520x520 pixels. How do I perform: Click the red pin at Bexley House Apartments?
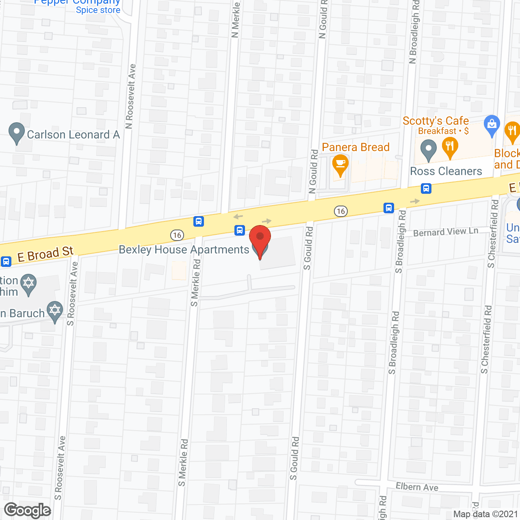click(260, 238)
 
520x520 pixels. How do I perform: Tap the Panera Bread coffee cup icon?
click(340, 164)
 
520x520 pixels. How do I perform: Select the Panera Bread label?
click(355, 147)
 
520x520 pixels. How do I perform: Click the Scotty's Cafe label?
click(435, 121)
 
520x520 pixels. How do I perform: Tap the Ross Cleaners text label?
click(446, 171)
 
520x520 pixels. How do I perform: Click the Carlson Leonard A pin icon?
click(16, 132)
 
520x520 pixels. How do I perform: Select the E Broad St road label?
click(45, 254)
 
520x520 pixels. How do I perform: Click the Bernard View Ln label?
click(446, 232)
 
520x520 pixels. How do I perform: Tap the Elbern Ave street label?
click(417, 487)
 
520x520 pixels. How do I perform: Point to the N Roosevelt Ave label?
click(130, 96)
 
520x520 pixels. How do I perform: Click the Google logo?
click(28, 510)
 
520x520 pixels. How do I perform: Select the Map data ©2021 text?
click(485, 514)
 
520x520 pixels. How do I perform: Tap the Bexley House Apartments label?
click(184, 249)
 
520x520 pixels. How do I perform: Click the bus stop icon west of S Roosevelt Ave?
click(6, 261)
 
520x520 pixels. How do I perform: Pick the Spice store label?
click(98, 10)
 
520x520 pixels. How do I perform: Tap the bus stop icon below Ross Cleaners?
click(426, 188)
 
